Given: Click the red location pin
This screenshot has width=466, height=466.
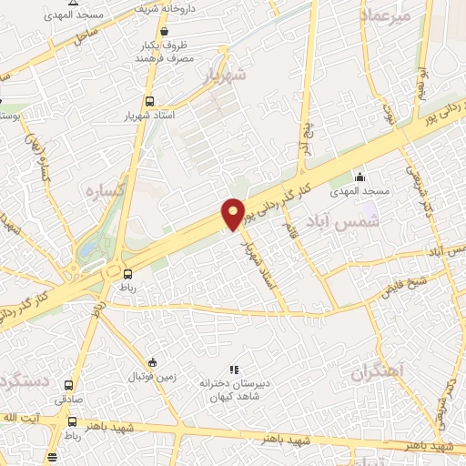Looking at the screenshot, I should coord(234,213).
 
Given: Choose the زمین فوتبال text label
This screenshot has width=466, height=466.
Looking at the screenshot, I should coord(151,376).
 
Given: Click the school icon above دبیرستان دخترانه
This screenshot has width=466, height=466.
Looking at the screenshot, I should coord(233,370).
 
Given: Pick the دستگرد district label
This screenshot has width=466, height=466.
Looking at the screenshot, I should coord(18,380).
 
